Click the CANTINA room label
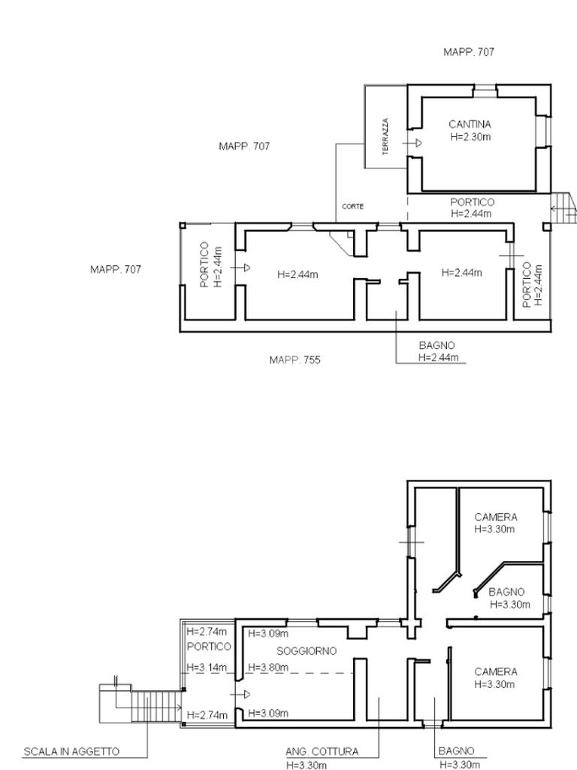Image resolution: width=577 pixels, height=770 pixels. coord(470,125)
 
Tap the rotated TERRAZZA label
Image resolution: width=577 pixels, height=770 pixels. coord(385,137)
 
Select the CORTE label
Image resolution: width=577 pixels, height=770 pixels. coord(353,207)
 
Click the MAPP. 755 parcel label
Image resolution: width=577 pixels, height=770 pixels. coord(295,360)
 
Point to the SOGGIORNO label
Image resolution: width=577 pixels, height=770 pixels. coord(307,651)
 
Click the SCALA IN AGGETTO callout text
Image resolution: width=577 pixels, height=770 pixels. coord(71,751)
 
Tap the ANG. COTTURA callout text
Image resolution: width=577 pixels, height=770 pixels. coord(322,752)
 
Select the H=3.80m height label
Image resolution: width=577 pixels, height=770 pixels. coord(268,668)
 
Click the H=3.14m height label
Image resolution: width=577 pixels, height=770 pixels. coord(207,668)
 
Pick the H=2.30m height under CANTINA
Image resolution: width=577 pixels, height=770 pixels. coord(470,137)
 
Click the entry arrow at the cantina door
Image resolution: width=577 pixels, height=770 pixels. coord(412,143)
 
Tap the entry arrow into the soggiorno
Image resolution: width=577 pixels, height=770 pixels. coord(240,694)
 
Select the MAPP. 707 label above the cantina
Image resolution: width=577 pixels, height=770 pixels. coord(469,52)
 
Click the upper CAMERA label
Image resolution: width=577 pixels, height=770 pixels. coord(496,517)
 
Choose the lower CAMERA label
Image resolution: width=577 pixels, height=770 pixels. coord(496,671)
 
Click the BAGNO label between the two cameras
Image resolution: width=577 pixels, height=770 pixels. coord(506,592)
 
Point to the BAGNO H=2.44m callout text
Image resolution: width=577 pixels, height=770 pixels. coord(438,352)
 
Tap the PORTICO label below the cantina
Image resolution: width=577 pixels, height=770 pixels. coord(473,202)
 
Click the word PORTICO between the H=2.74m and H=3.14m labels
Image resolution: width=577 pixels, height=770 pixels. coord(209,646)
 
